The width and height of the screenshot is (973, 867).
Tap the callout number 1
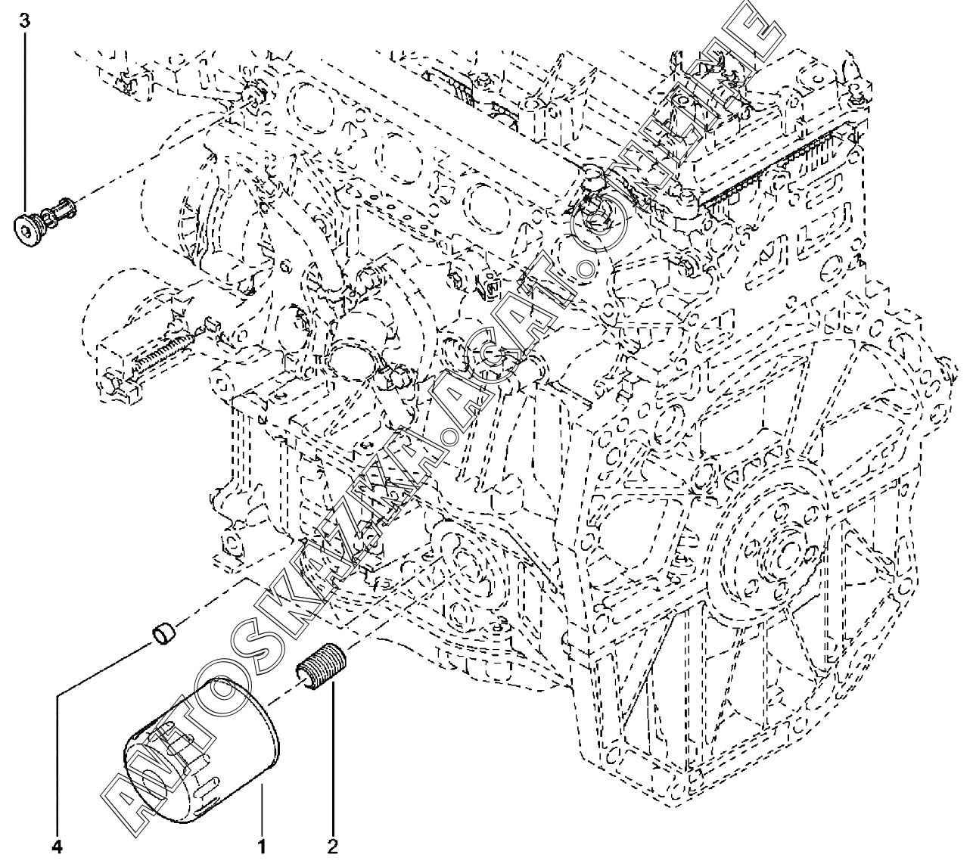pyautogui.click(x=262, y=847)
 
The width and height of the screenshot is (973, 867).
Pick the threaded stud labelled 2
pyautogui.click(x=319, y=663)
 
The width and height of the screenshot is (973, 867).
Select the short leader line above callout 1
pyautogui.click(x=262, y=810)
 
